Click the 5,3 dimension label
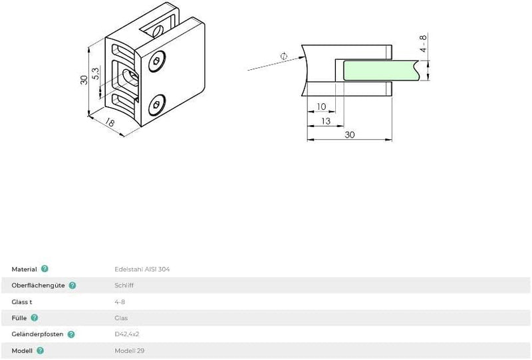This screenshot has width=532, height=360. tap(96, 74)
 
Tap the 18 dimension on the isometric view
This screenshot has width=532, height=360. tap(110, 122)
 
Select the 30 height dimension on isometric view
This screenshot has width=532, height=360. tap(84, 80)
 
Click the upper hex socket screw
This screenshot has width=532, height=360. tap(157, 61)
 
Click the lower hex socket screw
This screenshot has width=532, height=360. tap(157, 105)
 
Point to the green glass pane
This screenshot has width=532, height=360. tap(380, 71)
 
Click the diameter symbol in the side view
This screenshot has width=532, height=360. tap(284, 57)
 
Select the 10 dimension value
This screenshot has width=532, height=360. tap(321, 106)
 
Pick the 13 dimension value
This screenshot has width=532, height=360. tap(325, 121)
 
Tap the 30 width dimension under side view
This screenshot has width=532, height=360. tap(350, 135)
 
